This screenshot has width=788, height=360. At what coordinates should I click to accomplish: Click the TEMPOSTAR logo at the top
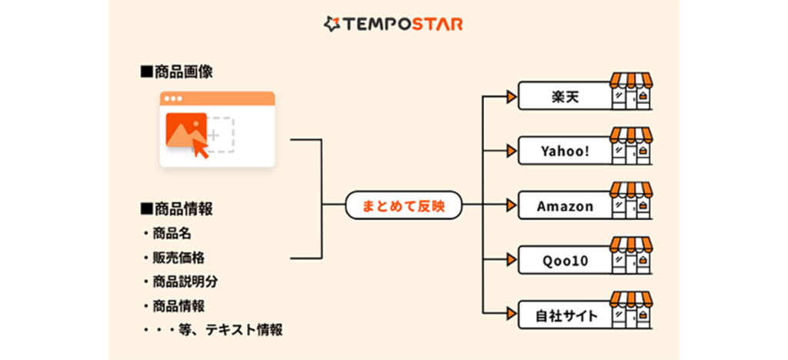pos(393,24)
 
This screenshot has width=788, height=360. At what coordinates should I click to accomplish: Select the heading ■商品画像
pos(176,72)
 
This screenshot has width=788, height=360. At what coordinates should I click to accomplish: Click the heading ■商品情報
pos(176,208)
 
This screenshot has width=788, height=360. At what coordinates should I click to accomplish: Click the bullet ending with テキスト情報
pos(212,330)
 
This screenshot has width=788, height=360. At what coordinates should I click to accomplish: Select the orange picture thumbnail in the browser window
pos(185,128)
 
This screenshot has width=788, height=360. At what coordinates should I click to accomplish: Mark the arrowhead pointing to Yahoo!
pos(509,151)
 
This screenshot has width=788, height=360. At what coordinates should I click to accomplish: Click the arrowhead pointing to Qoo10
pos(509,260)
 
